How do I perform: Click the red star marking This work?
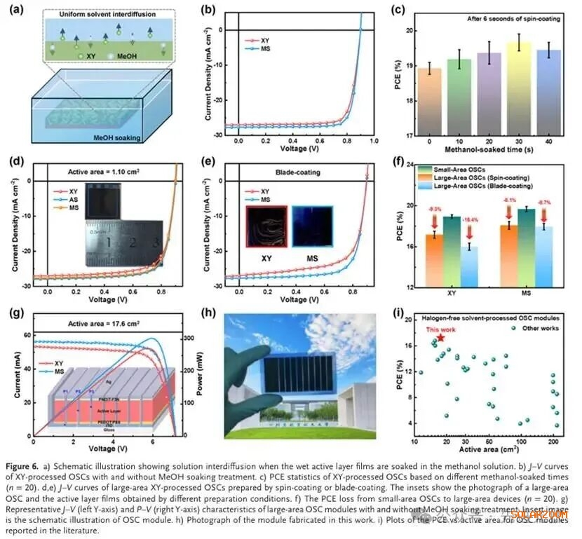(440, 338)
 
